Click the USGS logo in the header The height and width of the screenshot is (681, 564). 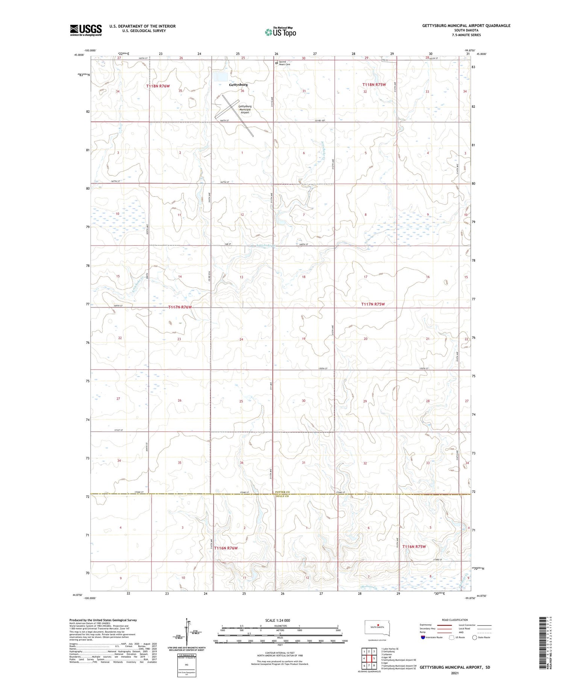86,30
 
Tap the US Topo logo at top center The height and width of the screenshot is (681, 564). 280,32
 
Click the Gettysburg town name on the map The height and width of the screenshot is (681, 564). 238,85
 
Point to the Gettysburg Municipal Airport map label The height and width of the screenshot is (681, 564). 245,109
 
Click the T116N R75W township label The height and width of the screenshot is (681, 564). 414,547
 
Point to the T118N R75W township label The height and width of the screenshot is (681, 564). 374,85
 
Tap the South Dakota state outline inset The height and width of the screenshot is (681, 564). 378,628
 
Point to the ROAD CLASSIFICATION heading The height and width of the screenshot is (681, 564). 455,620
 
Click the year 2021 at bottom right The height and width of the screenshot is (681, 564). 455,673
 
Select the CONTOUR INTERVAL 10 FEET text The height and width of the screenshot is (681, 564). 280,653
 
